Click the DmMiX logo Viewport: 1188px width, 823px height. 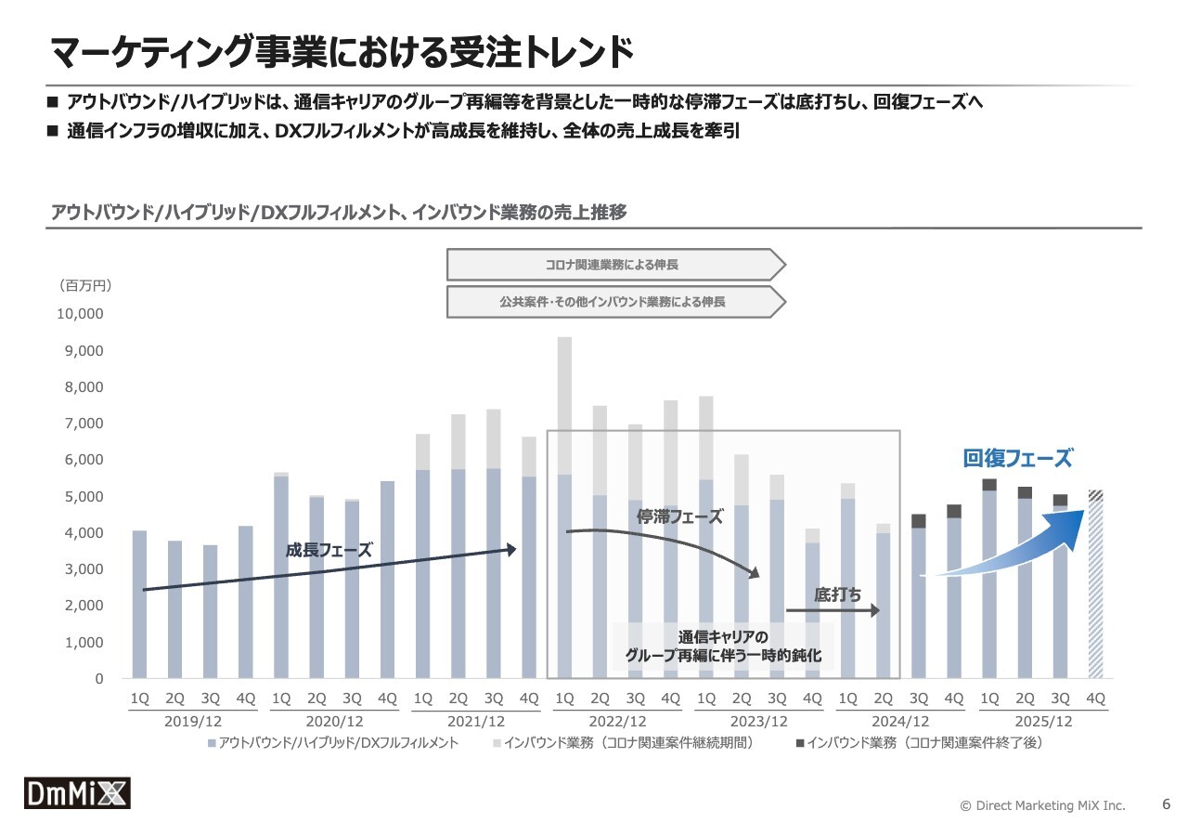pos(77,792)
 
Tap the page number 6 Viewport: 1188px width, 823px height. pos(1167,804)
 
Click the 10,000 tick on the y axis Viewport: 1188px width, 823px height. pos(80,314)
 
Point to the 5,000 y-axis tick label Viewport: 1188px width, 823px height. pos(84,497)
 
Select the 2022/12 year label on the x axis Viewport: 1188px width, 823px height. pos(617,722)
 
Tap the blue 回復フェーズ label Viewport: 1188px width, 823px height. pos(1017,458)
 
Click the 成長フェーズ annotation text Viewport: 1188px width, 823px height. pos(328,550)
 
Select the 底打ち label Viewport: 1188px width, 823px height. pos(837,594)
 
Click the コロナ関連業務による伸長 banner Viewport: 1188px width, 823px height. pos(613,265)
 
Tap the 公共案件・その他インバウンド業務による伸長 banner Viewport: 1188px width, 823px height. pos(613,302)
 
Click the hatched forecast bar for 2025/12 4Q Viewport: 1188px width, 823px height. pos(1095,585)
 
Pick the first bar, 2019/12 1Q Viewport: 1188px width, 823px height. pos(139,604)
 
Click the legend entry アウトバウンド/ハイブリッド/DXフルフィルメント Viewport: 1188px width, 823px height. pos(334,743)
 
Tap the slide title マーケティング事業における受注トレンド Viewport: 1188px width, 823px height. pos(342,53)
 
